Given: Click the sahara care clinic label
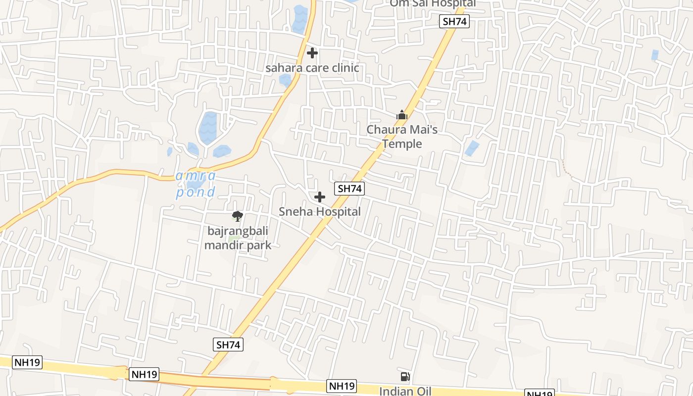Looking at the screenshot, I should [x=312, y=68].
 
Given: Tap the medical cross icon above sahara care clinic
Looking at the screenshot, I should [x=312, y=52].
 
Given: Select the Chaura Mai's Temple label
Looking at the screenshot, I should [x=401, y=137].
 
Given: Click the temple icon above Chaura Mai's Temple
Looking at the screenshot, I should [x=401, y=115].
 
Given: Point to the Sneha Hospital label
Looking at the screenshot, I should [x=320, y=212].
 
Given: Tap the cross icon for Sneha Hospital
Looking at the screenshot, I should [x=320, y=197].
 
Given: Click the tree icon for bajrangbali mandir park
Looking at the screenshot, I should [x=238, y=216].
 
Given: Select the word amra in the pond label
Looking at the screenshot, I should [x=196, y=176].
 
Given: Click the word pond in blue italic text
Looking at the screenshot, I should [x=196, y=192].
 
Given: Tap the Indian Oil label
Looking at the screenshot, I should [x=405, y=391].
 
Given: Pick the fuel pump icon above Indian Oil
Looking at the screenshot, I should [x=405, y=377].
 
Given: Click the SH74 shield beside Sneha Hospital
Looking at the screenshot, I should [x=349, y=189].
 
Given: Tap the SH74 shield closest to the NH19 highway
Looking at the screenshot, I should [x=229, y=345].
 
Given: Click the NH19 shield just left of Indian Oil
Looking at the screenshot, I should [x=342, y=386].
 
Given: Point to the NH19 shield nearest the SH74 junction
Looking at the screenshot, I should [x=144, y=374].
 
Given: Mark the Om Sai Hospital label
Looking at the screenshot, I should [x=433, y=3].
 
